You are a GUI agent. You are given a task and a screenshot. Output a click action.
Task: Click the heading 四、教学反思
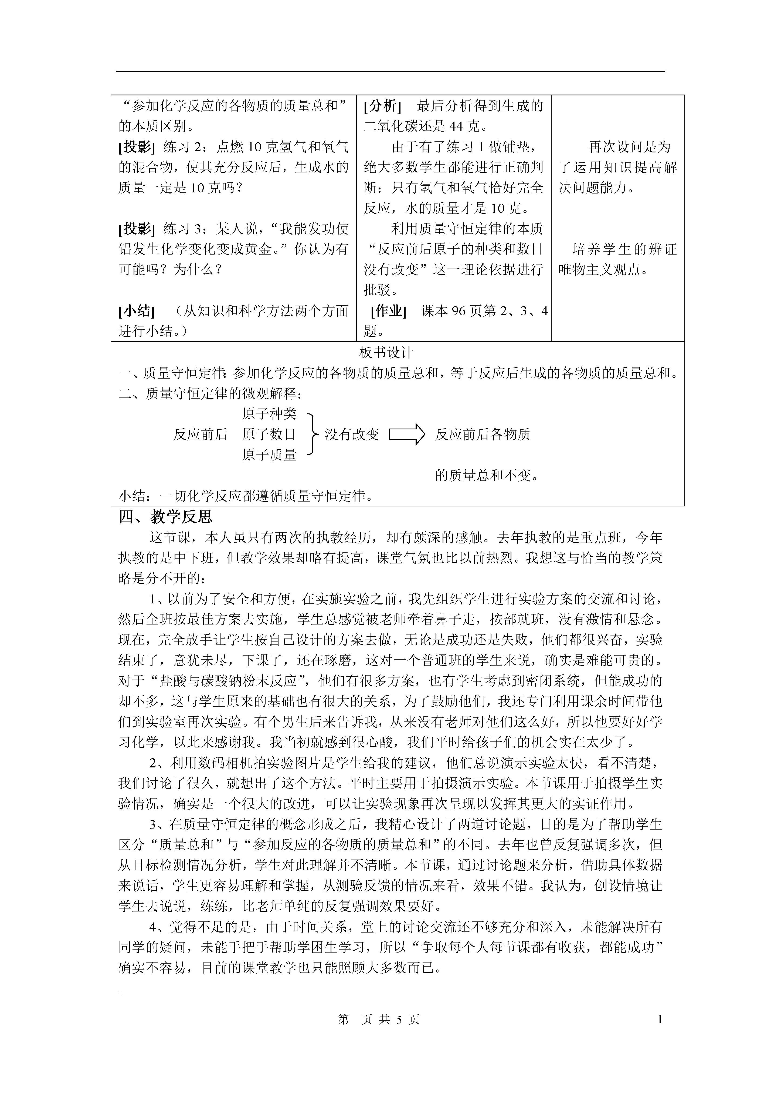coord(165,517)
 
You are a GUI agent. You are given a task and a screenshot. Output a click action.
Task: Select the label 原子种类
coord(270,414)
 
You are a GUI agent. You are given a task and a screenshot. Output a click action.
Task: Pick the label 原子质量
coord(270,455)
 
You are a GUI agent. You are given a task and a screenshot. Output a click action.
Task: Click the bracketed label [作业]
coord(388,311)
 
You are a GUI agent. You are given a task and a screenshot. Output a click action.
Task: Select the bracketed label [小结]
coord(137,311)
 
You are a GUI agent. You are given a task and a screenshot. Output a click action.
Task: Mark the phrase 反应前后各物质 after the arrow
coord(483,435)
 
